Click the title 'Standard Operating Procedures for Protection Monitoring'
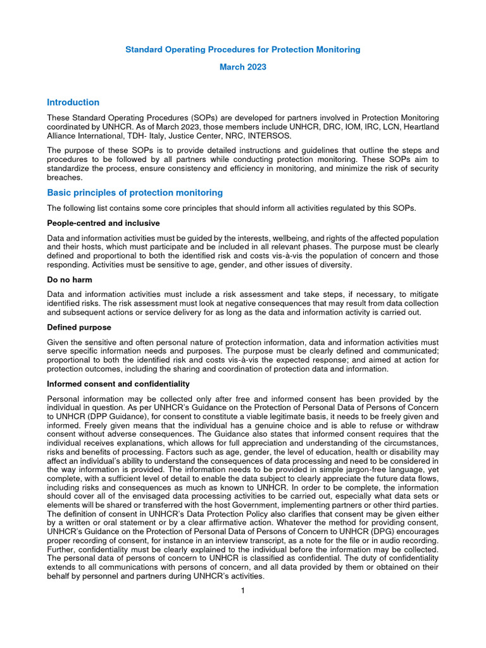(242, 49)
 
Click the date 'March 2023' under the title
(242, 67)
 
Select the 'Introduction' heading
(73, 103)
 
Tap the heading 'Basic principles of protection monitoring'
(135, 192)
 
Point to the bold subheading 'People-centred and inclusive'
(103, 223)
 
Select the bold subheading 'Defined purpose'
(79, 327)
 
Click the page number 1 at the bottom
(242, 591)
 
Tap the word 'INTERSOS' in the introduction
(272, 135)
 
